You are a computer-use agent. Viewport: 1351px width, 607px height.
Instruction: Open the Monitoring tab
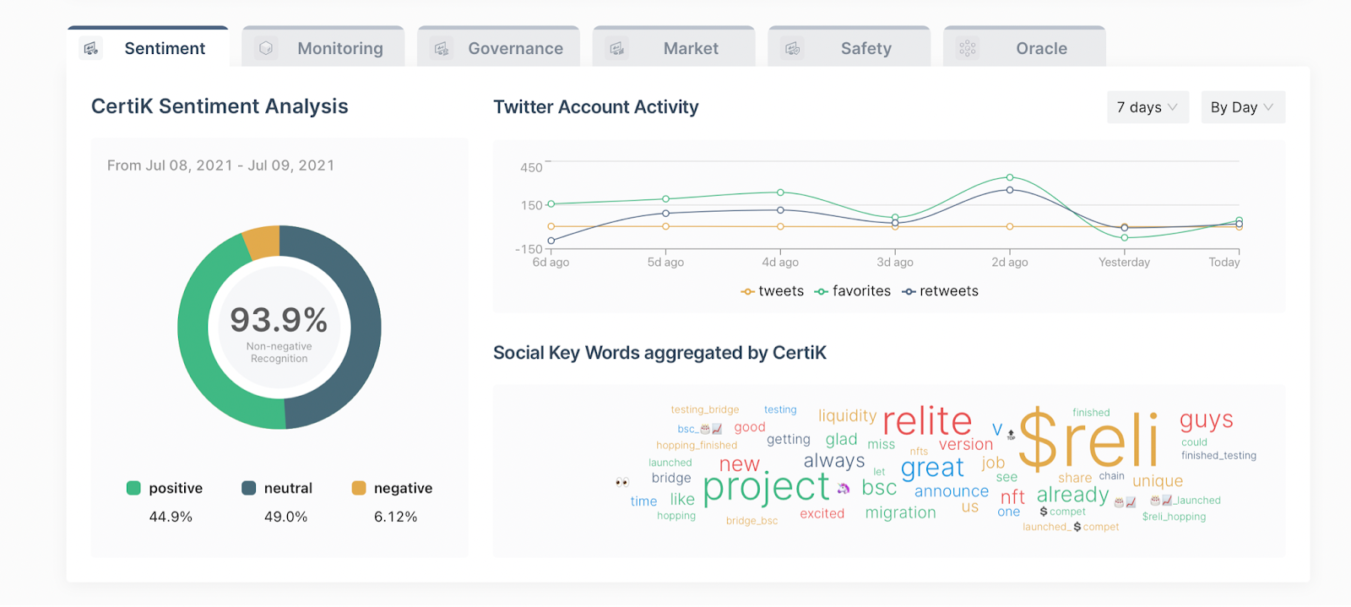point(323,48)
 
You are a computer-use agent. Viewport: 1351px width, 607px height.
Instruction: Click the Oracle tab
point(1024,48)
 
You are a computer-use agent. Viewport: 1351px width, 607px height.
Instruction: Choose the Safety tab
point(849,48)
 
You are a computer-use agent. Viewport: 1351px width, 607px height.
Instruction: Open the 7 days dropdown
point(1148,107)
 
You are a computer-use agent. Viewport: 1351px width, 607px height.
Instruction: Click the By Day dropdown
point(1242,107)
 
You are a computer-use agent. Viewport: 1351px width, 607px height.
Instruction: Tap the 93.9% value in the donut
point(279,320)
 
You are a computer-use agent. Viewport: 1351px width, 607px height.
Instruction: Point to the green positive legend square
point(133,488)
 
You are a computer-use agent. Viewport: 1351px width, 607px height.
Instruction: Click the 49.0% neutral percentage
point(285,517)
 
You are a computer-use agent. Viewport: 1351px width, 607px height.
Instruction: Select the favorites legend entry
point(853,291)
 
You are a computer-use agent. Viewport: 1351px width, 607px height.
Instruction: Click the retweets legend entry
point(941,291)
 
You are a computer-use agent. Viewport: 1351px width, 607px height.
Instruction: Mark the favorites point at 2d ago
point(1010,177)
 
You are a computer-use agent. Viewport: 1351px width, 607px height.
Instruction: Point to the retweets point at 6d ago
point(551,241)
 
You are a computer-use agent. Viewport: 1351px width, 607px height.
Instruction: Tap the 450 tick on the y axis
point(531,167)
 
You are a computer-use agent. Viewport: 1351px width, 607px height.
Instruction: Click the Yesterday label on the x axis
point(1124,263)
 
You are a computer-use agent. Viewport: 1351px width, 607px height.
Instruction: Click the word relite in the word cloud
point(927,420)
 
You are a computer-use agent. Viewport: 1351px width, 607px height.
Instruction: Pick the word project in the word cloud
point(766,487)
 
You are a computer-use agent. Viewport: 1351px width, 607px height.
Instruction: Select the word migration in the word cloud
point(900,512)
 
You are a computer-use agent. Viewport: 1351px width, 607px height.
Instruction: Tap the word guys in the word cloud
point(1206,420)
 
